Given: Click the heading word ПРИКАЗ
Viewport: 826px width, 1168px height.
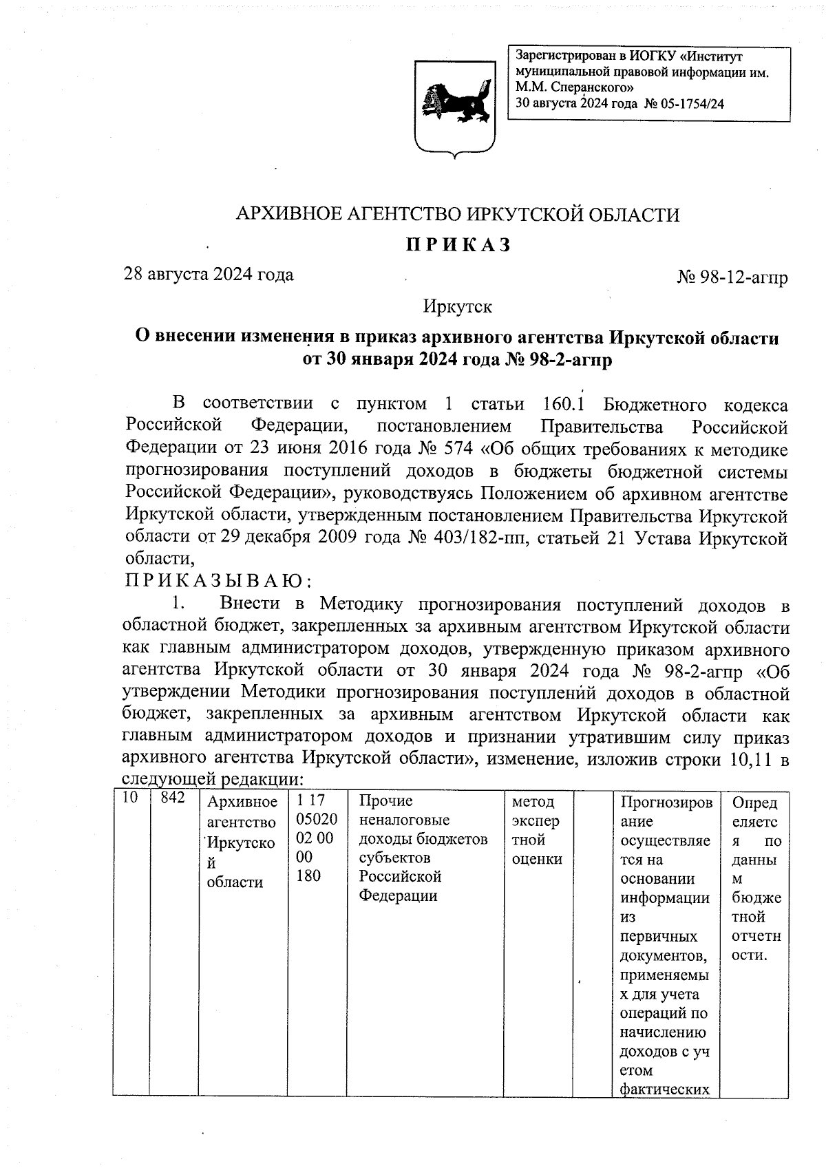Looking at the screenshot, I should [456, 245].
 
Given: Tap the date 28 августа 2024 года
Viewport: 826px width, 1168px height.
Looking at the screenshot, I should [208, 275].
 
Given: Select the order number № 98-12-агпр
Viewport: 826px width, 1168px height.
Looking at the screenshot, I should [732, 278].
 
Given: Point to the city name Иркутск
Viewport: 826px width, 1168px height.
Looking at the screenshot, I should [458, 306].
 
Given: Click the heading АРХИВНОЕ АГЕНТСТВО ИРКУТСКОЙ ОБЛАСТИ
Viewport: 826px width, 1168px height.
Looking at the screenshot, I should [458, 215].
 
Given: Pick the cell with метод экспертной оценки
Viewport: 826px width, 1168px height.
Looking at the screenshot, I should [537, 830].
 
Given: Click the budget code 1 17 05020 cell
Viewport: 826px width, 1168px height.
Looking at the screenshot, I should [316, 838].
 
